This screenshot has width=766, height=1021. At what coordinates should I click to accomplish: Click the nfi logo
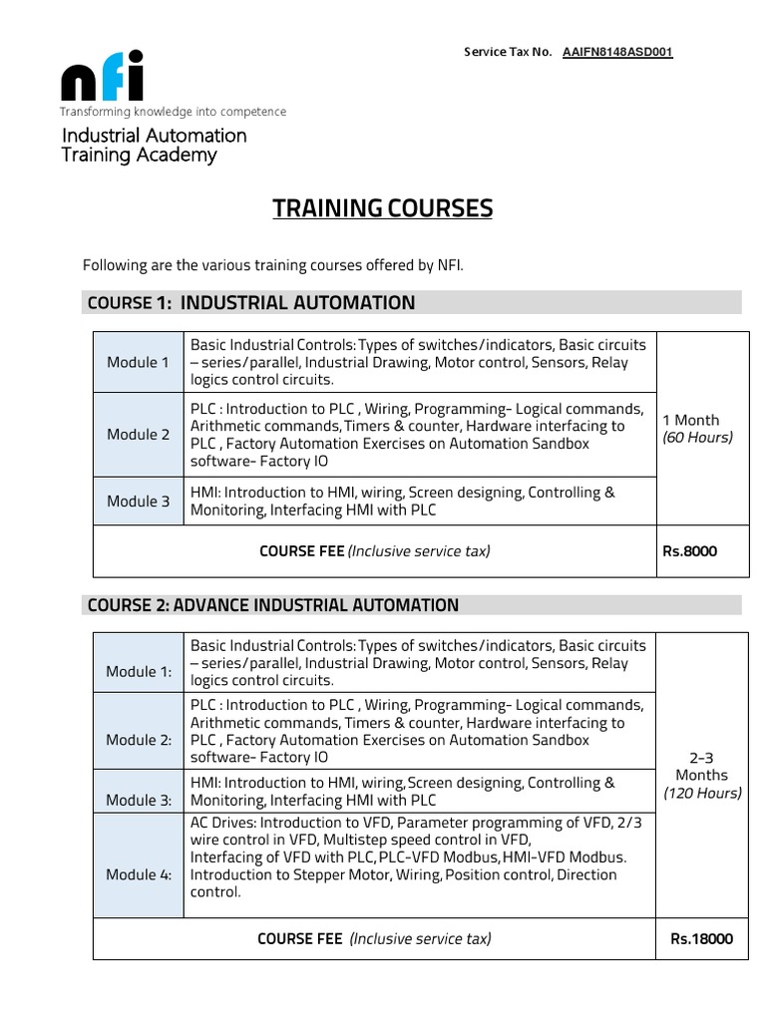103,77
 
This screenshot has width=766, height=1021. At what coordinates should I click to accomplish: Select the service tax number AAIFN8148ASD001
617,52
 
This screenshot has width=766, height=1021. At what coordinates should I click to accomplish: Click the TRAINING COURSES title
383,208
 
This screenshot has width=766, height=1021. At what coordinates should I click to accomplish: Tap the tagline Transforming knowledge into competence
173,112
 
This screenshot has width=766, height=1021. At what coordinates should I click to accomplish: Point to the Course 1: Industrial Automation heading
251,303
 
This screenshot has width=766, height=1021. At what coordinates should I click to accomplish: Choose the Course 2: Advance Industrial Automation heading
273,605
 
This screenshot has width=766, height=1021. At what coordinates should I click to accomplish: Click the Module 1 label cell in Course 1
139,362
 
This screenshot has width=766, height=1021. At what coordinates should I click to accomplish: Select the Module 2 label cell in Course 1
139,435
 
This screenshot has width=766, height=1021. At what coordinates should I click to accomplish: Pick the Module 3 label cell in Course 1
139,502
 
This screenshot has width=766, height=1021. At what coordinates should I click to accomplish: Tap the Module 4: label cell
139,874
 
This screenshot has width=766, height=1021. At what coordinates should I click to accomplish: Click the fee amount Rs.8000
689,551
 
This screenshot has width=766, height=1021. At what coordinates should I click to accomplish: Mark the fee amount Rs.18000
701,938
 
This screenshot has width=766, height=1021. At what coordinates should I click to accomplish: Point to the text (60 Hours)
697,438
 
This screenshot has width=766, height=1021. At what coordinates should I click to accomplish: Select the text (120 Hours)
702,794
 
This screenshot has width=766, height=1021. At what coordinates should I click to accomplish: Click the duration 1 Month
690,420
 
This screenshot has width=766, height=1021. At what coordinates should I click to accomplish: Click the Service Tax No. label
508,52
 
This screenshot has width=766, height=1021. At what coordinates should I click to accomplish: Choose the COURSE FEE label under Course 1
302,551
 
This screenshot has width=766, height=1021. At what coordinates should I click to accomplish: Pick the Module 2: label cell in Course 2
139,740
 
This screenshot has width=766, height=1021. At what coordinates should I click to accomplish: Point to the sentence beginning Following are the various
273,265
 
